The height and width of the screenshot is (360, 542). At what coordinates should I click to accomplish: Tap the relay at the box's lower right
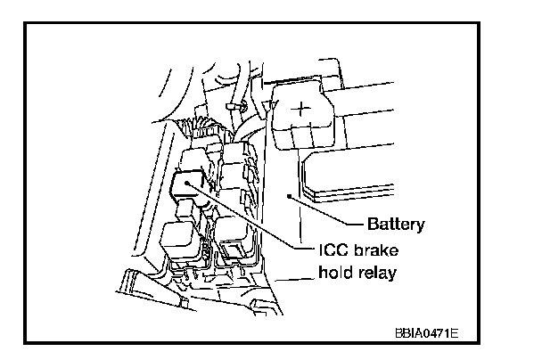click(x=234, y=233)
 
